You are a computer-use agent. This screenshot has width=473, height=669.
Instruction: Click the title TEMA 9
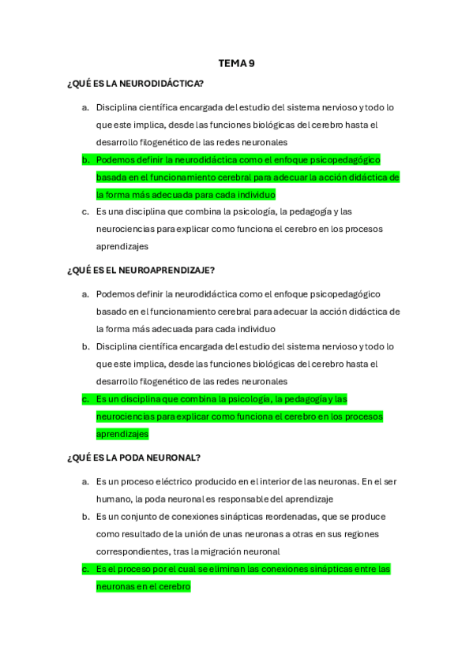coord(236,64)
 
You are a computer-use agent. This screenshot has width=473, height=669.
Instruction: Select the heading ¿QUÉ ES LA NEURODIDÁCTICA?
coord(136,83)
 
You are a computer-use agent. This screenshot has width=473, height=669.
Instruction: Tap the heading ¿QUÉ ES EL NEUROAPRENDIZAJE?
coord(141,270)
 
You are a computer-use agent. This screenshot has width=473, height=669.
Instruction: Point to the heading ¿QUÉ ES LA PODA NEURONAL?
coord(134,458)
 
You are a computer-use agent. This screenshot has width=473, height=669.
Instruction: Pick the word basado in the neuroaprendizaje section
coord(111,311)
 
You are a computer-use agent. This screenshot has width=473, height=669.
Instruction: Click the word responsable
coord(251,499)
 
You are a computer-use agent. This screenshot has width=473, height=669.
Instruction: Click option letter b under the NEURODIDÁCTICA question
coord(85,159)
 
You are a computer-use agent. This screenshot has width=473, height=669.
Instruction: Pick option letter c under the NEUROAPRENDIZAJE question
coord(85,399)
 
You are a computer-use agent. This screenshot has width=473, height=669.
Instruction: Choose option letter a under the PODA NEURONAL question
coord(85,481)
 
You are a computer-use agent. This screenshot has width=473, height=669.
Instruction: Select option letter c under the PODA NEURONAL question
coord(85,569)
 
